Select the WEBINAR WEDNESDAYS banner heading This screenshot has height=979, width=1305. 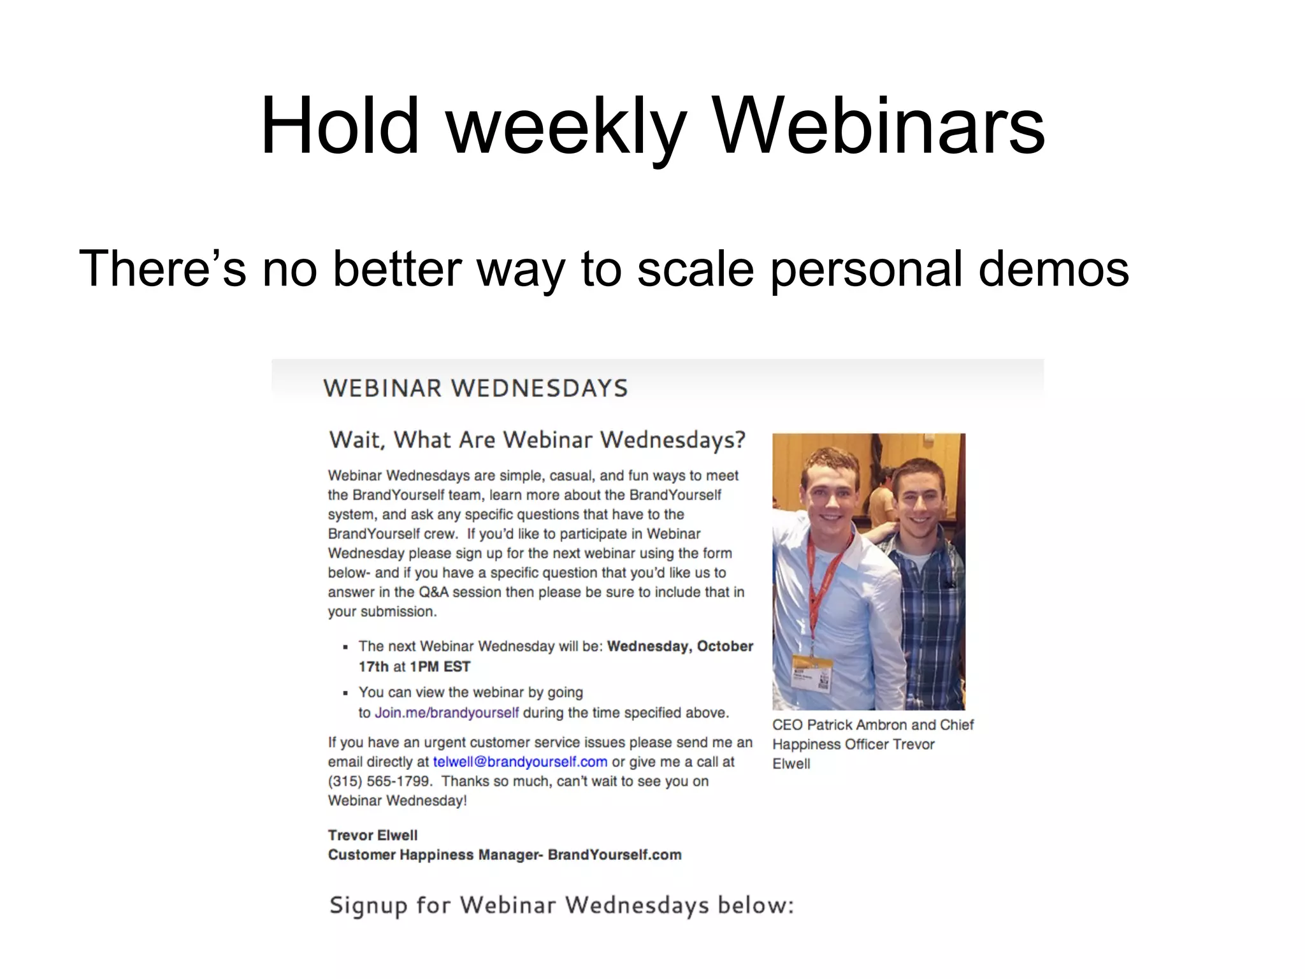point(475,388)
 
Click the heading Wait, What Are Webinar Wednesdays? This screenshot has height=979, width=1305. point(537,440)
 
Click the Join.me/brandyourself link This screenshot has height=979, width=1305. point(447,713)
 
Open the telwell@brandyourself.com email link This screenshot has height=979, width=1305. point(520,762)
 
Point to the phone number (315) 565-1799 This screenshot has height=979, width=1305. point(380,781)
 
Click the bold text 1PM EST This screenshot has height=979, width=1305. point(440,667)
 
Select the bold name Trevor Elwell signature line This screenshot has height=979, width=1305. point(373,835)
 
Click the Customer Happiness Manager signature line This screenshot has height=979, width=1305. point(504,855)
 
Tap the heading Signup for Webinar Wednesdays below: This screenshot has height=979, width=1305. point(561,905)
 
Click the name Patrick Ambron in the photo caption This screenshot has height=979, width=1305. point(856,725)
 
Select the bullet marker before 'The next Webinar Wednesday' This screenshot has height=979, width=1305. point(345,647)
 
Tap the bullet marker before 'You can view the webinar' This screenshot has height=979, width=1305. point(345,693)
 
